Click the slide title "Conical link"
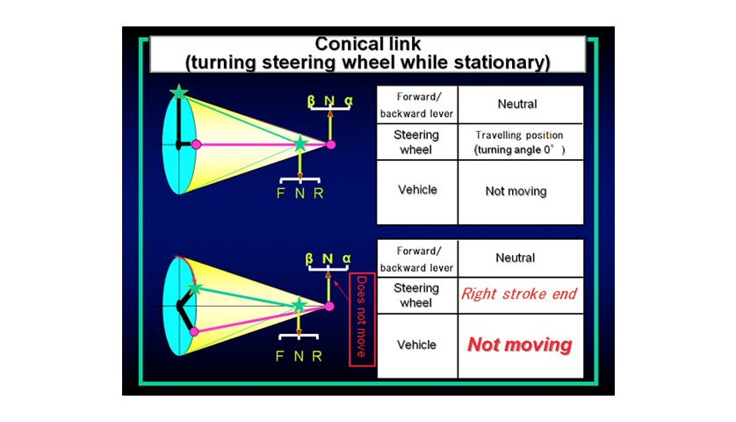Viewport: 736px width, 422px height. tap(367, 44)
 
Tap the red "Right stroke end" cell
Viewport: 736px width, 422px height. tap(519, 295)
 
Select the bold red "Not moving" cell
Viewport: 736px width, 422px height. tap(520, 345)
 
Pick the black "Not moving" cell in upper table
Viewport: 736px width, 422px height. tap(516, 192)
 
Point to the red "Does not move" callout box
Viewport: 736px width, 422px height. tap(362, 319)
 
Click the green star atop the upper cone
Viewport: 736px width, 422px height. tap(179, 92)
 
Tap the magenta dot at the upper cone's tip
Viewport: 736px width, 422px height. tap(331, 145)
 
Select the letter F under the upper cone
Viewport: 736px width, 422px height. tap(281, 193)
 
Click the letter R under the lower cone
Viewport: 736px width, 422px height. tap(317, 356)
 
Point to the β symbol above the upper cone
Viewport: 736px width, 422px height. tap(311, 101)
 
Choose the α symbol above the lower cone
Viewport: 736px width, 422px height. tap(346, 258)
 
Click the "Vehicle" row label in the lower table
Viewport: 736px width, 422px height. tap(417, 345)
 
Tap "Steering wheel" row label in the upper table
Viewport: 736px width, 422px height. tap(416, 142)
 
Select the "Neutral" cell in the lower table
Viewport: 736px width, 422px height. tap(516, 258)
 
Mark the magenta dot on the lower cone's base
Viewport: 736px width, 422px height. tap(194, 331)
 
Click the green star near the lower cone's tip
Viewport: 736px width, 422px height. tap(299, 305)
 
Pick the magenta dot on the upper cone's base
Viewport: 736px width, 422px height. tap(196, 145)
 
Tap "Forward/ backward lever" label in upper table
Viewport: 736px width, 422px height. tap(417, 105)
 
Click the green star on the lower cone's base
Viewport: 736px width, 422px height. tap(194, 287)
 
